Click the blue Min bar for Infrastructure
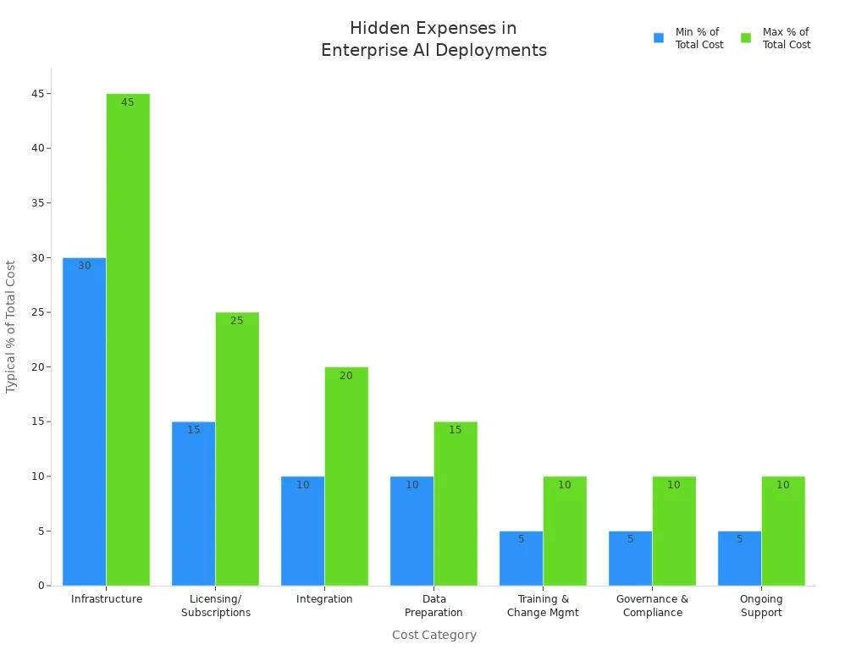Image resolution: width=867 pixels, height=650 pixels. tap(84, 423)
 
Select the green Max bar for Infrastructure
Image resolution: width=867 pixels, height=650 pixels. tap(128, 339)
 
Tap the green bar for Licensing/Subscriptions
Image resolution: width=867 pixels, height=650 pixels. tap(237, 449)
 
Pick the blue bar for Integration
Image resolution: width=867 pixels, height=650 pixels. tap(302, 533)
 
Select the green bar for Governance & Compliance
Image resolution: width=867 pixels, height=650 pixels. tap(674, 533)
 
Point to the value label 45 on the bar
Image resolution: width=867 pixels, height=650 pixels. tap(128, 102)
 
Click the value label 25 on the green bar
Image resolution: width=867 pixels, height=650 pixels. tap(237, 321)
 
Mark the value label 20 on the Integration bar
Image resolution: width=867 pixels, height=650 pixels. tap(346, 376)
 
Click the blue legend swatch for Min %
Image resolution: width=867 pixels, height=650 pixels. tap(659, 38)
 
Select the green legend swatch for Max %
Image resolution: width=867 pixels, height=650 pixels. tap(746, 38)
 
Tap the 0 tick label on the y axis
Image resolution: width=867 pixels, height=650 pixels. tap(41, 586)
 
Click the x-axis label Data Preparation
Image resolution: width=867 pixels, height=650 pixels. tap(433, 606)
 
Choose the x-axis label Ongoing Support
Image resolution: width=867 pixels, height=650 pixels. tap(761, 606)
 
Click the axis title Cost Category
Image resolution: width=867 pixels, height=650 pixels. tap(433, 635)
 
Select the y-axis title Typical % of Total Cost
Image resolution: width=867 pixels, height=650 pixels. tap(11, 326)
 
